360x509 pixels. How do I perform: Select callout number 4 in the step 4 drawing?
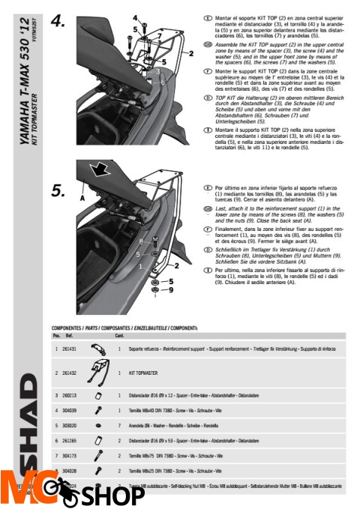(x=135, y=17)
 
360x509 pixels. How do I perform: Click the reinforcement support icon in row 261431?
(x=97, y=349)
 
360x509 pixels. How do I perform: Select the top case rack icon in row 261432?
(x=98, y=372)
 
